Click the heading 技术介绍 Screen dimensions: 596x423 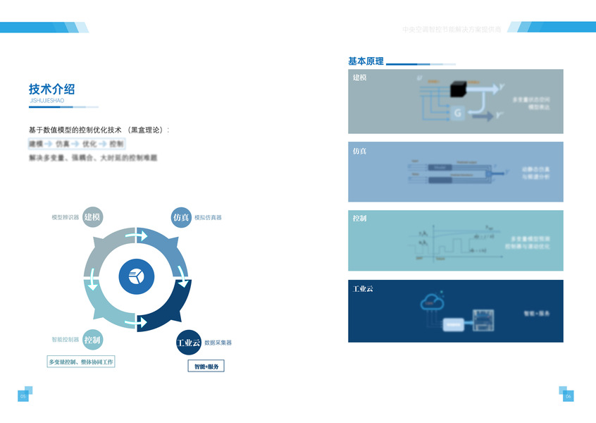(51, 89)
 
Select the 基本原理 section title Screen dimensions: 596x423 (366, 61)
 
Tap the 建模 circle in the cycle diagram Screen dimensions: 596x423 (93, 217)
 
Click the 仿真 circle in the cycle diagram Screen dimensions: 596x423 (181, 217)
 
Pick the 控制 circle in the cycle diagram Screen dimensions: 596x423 (92, 340)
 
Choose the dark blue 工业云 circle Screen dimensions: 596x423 (188, 343)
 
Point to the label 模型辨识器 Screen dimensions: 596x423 (65, 217)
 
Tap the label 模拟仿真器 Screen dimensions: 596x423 (209, 217)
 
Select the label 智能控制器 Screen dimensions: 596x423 (65, 340)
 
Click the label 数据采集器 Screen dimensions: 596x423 (218, 343)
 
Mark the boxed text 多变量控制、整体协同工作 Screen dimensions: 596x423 (80, 362)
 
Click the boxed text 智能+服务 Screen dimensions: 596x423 (206, 367)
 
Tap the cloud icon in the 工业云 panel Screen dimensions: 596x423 (432, 302)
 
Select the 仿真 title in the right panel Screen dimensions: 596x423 (359, 151)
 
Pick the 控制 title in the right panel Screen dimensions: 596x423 (359, 219)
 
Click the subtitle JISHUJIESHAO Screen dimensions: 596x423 (47, 101)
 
